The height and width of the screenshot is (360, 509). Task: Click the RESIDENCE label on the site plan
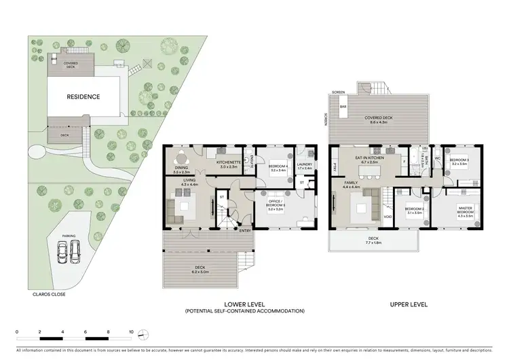pyautogui.click(x=83, y=96)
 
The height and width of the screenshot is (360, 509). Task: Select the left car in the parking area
pyautogui.click(x=62, y=254)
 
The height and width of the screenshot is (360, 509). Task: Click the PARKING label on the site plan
pyautogui.click(x=69, y=236)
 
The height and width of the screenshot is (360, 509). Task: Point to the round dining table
pyautogui.click(x=180, y=157)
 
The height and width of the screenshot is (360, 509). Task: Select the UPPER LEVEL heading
pyautogui.click(x=409, y=304)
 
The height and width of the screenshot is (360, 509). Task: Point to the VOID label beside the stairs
pyautogui.click(x=388, y=217)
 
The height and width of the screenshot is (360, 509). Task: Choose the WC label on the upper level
pyautogui.click(x=437, y=160)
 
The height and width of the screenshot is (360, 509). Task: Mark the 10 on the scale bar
pyautogui.click(x=131, y=334)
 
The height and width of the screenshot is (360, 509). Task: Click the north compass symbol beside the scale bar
pyautogui.click(x=143, y=334)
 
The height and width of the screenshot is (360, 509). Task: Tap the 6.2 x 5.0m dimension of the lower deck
pyautogui.click(x=200, y=272)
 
